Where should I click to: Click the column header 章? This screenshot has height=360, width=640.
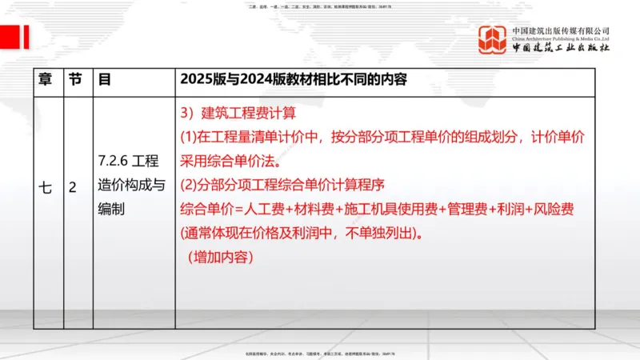(46, 81)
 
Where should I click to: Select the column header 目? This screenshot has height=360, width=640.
(104, 81)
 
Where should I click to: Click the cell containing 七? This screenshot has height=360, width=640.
(46, 188)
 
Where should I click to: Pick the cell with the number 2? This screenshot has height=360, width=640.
(73, 188)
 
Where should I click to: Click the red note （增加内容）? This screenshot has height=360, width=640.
(219, 258)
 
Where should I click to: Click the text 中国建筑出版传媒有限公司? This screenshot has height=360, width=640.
(561, 30)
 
